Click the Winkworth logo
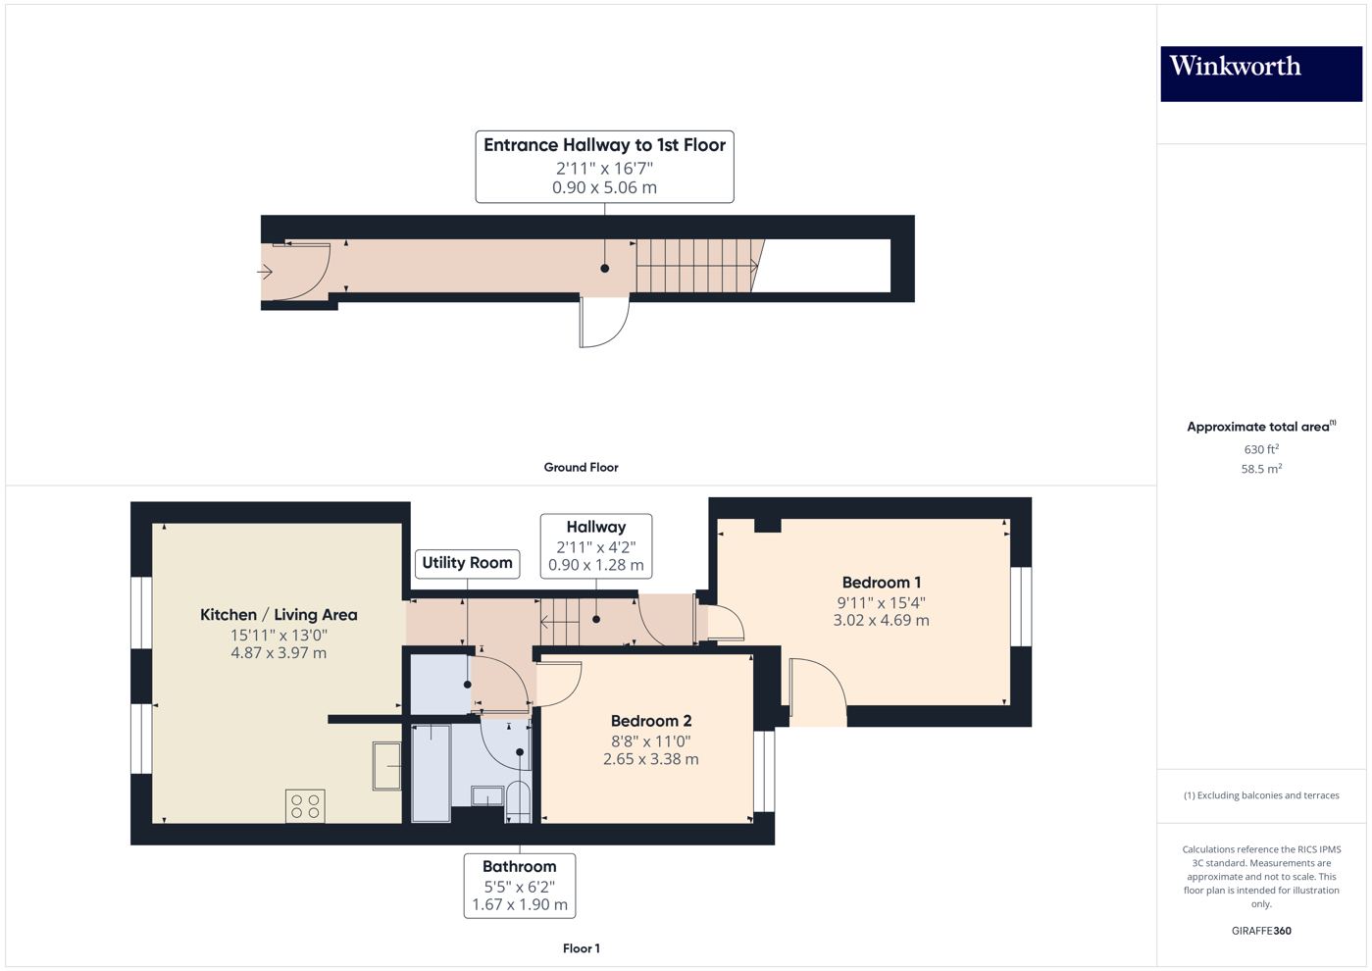click(1260, 74)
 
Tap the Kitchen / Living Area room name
click(279, 615)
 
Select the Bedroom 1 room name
click(881, 583)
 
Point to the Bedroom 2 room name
click(650, 721)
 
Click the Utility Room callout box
click(467, 563)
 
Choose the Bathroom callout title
click(519, 867)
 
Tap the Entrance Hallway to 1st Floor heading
click(604, 145)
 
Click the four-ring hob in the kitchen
click(305, 806)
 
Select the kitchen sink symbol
click(386, 766)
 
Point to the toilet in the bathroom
click(518, 800)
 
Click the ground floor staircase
click(694, 266)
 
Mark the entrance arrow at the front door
click(265, 272)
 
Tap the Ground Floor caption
click(581, 468)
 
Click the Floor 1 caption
click(581, 948)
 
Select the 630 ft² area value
click(1260, 450)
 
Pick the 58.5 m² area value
click(1261, 470)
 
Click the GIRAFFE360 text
click(1261, 931)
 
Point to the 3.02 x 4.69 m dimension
click(881, 621)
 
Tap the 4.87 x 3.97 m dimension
click(279, 653)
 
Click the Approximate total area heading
click(1259, 427)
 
